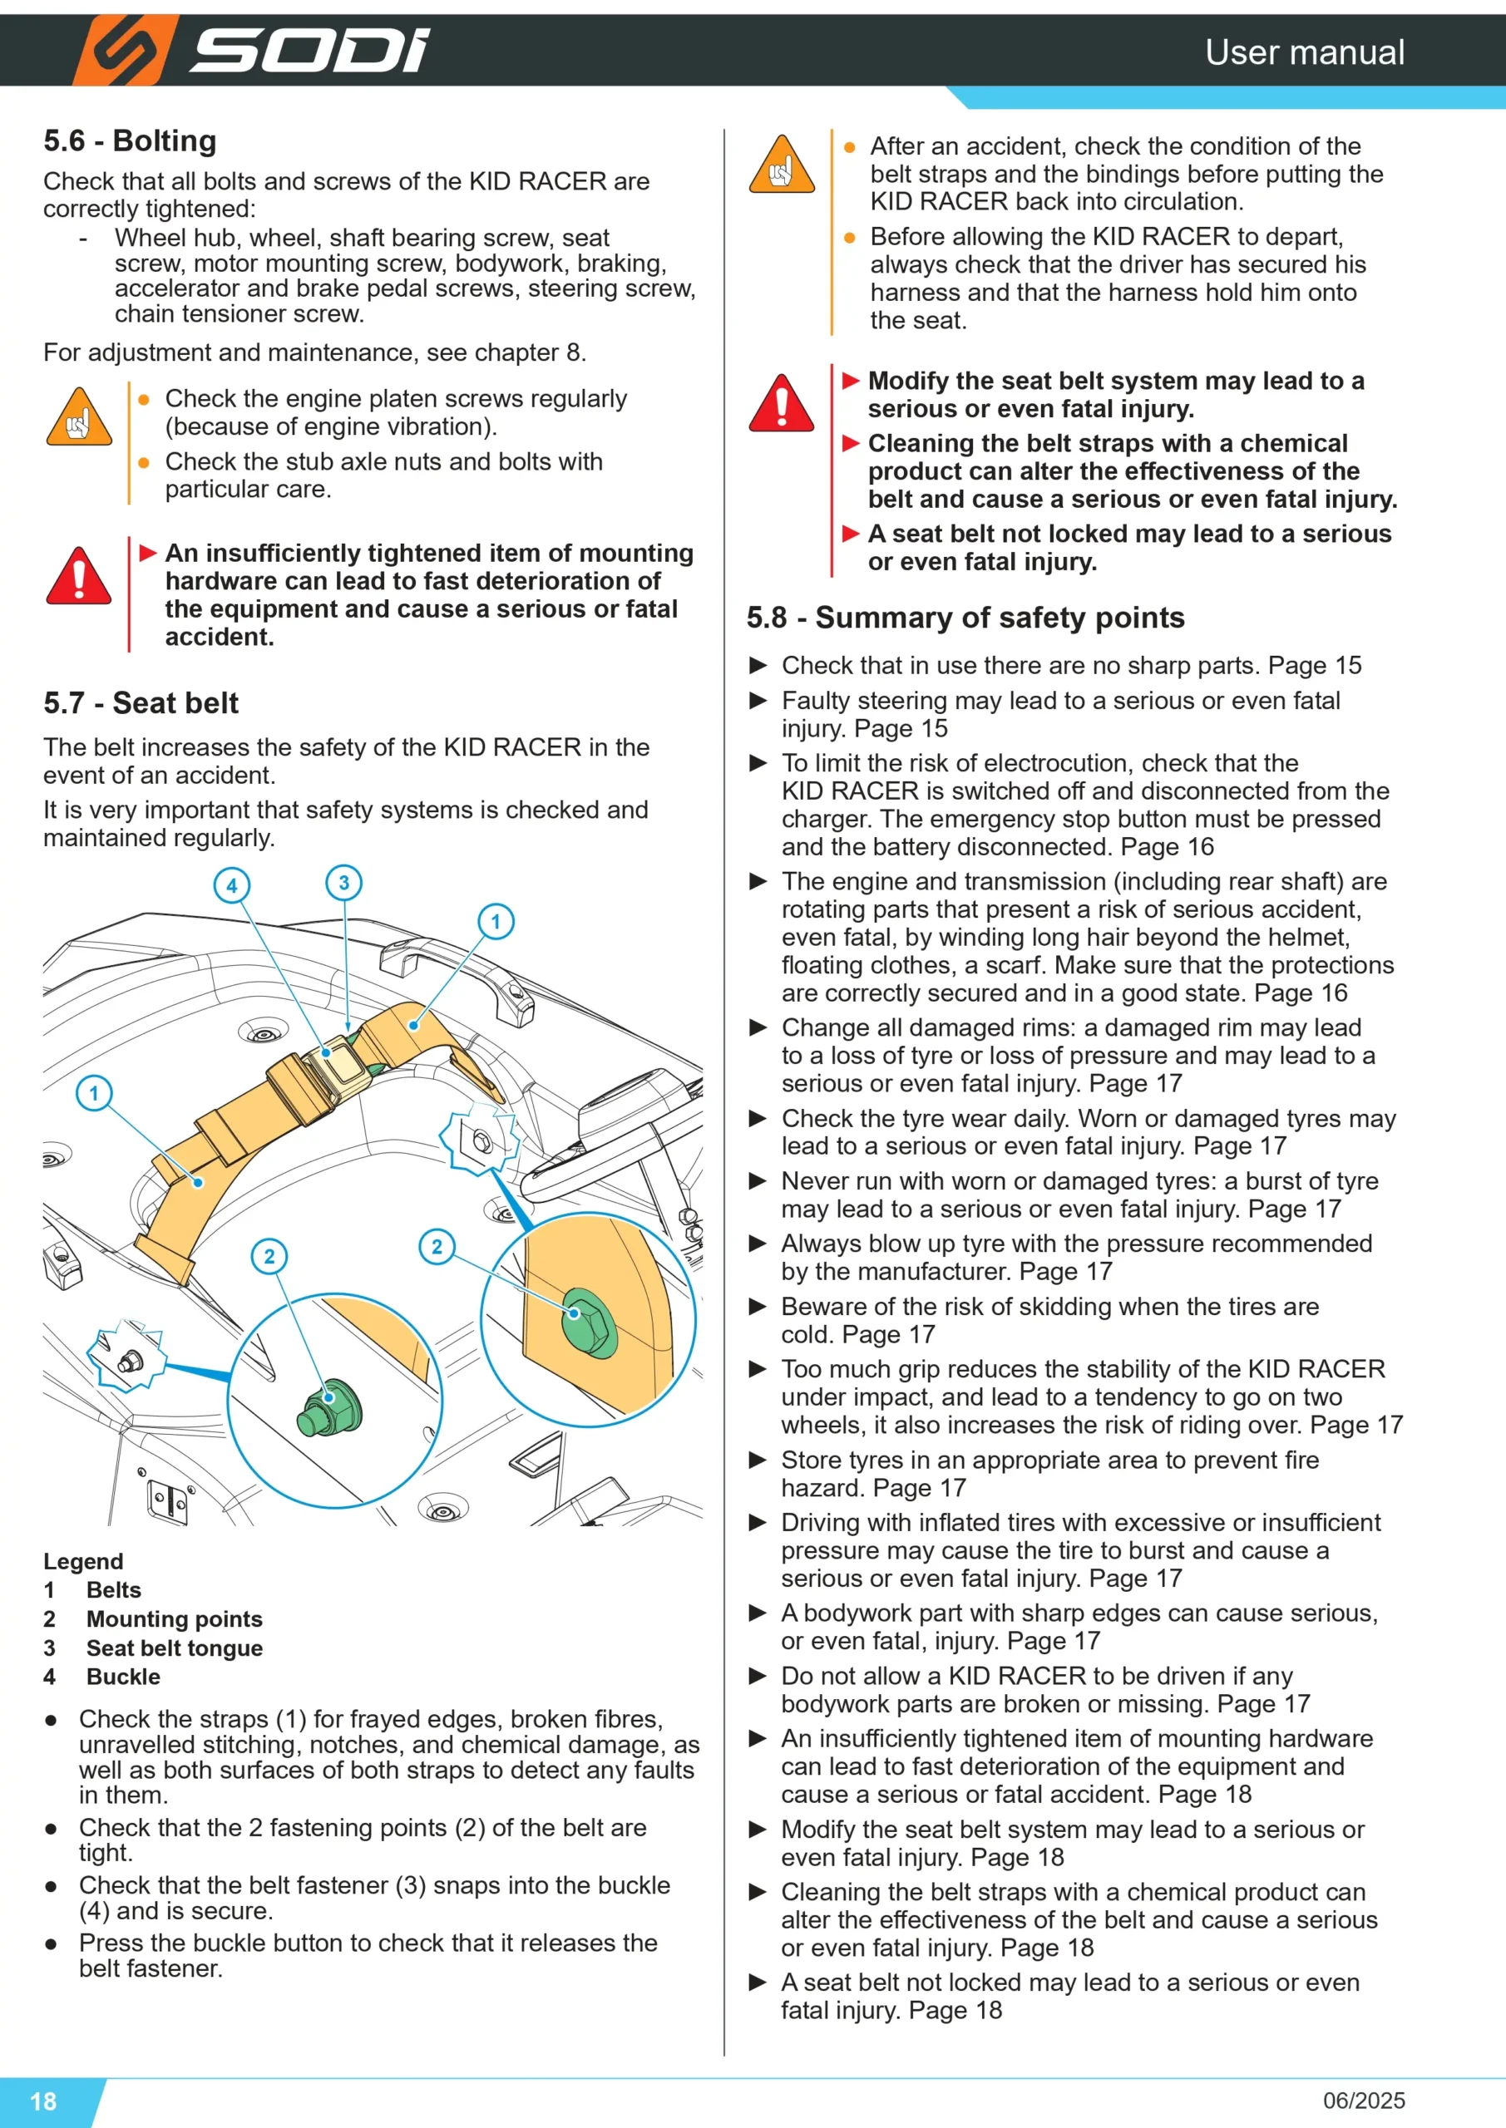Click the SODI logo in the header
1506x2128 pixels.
point(252,50)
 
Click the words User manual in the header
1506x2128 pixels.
point(1305,52)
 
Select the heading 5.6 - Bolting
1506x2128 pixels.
point(130,140)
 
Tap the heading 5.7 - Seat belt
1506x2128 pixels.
point(141,703)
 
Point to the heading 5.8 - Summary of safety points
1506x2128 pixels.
point(965,618)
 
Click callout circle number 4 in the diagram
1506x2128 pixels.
point(232,885)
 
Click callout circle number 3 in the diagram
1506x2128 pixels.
point(344,882)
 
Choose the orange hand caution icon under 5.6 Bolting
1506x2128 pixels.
point(79,417)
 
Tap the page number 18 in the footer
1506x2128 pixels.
point(43,2101)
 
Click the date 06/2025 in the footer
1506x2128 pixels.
point(1364,2101)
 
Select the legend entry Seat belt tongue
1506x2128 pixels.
point(175,1648)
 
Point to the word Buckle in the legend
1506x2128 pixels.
point(123,1677)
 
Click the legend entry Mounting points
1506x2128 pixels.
point(175,1619)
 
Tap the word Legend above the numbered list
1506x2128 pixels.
point(83,1562)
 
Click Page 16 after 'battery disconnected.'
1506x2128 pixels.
point(1168,846)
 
